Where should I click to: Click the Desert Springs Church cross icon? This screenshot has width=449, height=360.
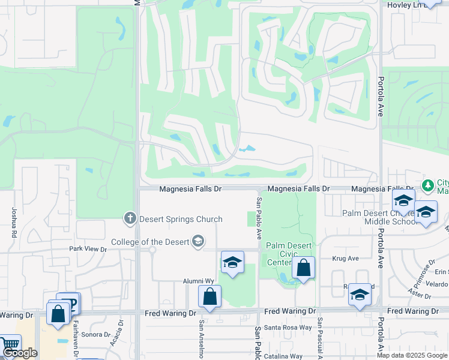[x=130, y=219]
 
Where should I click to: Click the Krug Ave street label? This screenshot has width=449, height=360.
[x=345, y=259]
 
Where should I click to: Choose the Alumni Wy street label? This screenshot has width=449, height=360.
[x=199, y=281]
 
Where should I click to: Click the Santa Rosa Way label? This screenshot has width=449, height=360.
[x=289, y=328]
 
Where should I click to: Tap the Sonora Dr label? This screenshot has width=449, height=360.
[x=94, y=334]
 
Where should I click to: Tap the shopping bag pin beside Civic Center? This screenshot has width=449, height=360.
[x=304, y=268]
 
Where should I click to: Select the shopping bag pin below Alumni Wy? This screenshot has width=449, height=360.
[x=209, y=296]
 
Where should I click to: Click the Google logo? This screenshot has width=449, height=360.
[x=20, y=353]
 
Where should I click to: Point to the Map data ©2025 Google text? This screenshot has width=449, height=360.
[x=412, y=355]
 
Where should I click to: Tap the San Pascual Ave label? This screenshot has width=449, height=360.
[x=320, y=339]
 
